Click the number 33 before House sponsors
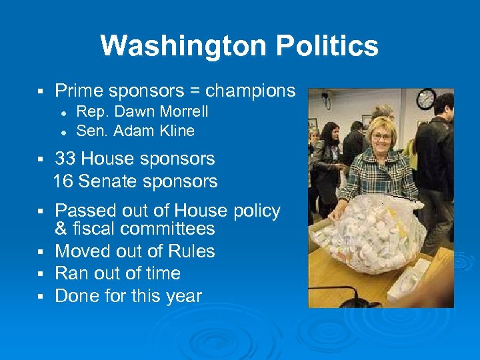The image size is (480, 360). tap(65, 159)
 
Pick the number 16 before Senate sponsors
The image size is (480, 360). tap(63, 181)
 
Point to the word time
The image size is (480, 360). tap(163, 273)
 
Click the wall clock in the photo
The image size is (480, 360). tap(425, 100)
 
